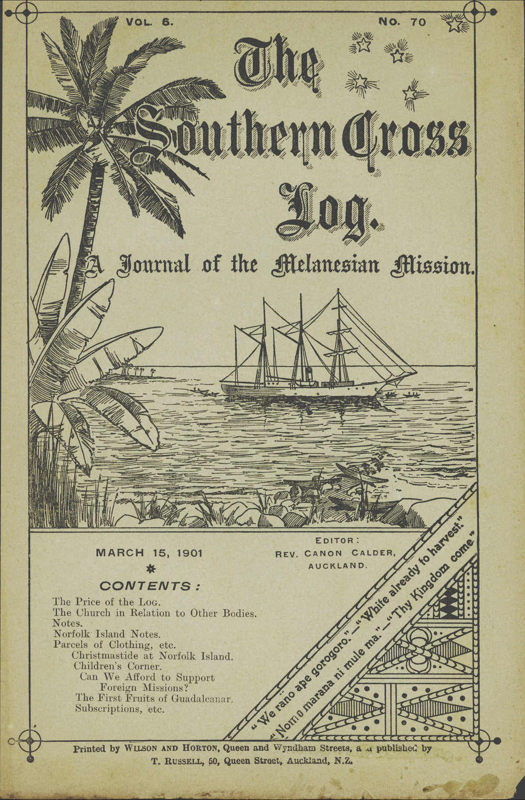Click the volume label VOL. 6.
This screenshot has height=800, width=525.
(150, 22)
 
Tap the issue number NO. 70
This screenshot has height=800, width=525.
(402, 22)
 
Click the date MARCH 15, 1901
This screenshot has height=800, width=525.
(149, 553)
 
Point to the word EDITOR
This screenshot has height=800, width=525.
(337, 540)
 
